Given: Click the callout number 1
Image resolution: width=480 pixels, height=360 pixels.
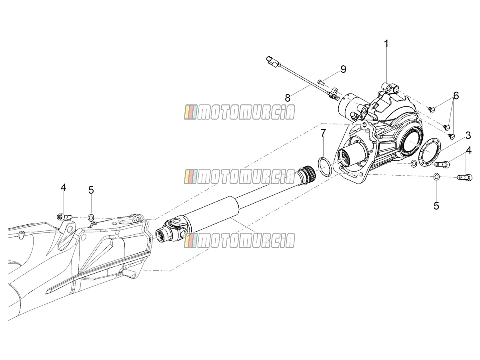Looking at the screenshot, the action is point(386,44).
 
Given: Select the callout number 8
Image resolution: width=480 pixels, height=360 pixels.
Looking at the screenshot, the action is point(288,98).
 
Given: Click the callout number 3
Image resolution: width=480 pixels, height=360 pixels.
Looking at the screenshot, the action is point(468,136).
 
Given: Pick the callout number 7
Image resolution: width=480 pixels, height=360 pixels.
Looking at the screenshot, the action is point(323,132).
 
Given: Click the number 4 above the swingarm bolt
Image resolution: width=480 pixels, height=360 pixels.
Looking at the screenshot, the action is point(63,188).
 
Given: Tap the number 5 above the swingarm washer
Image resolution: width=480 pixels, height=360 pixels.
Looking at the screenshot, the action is point(91,190).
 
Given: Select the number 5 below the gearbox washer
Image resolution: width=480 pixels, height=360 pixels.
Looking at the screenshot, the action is point(436,206).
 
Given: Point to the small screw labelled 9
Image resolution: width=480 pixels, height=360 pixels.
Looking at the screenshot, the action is point(320,82).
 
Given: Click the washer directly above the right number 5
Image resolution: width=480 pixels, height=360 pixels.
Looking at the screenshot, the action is point(436,176).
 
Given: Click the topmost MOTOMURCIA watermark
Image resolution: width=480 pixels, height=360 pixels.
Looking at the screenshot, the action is point(240,112).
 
